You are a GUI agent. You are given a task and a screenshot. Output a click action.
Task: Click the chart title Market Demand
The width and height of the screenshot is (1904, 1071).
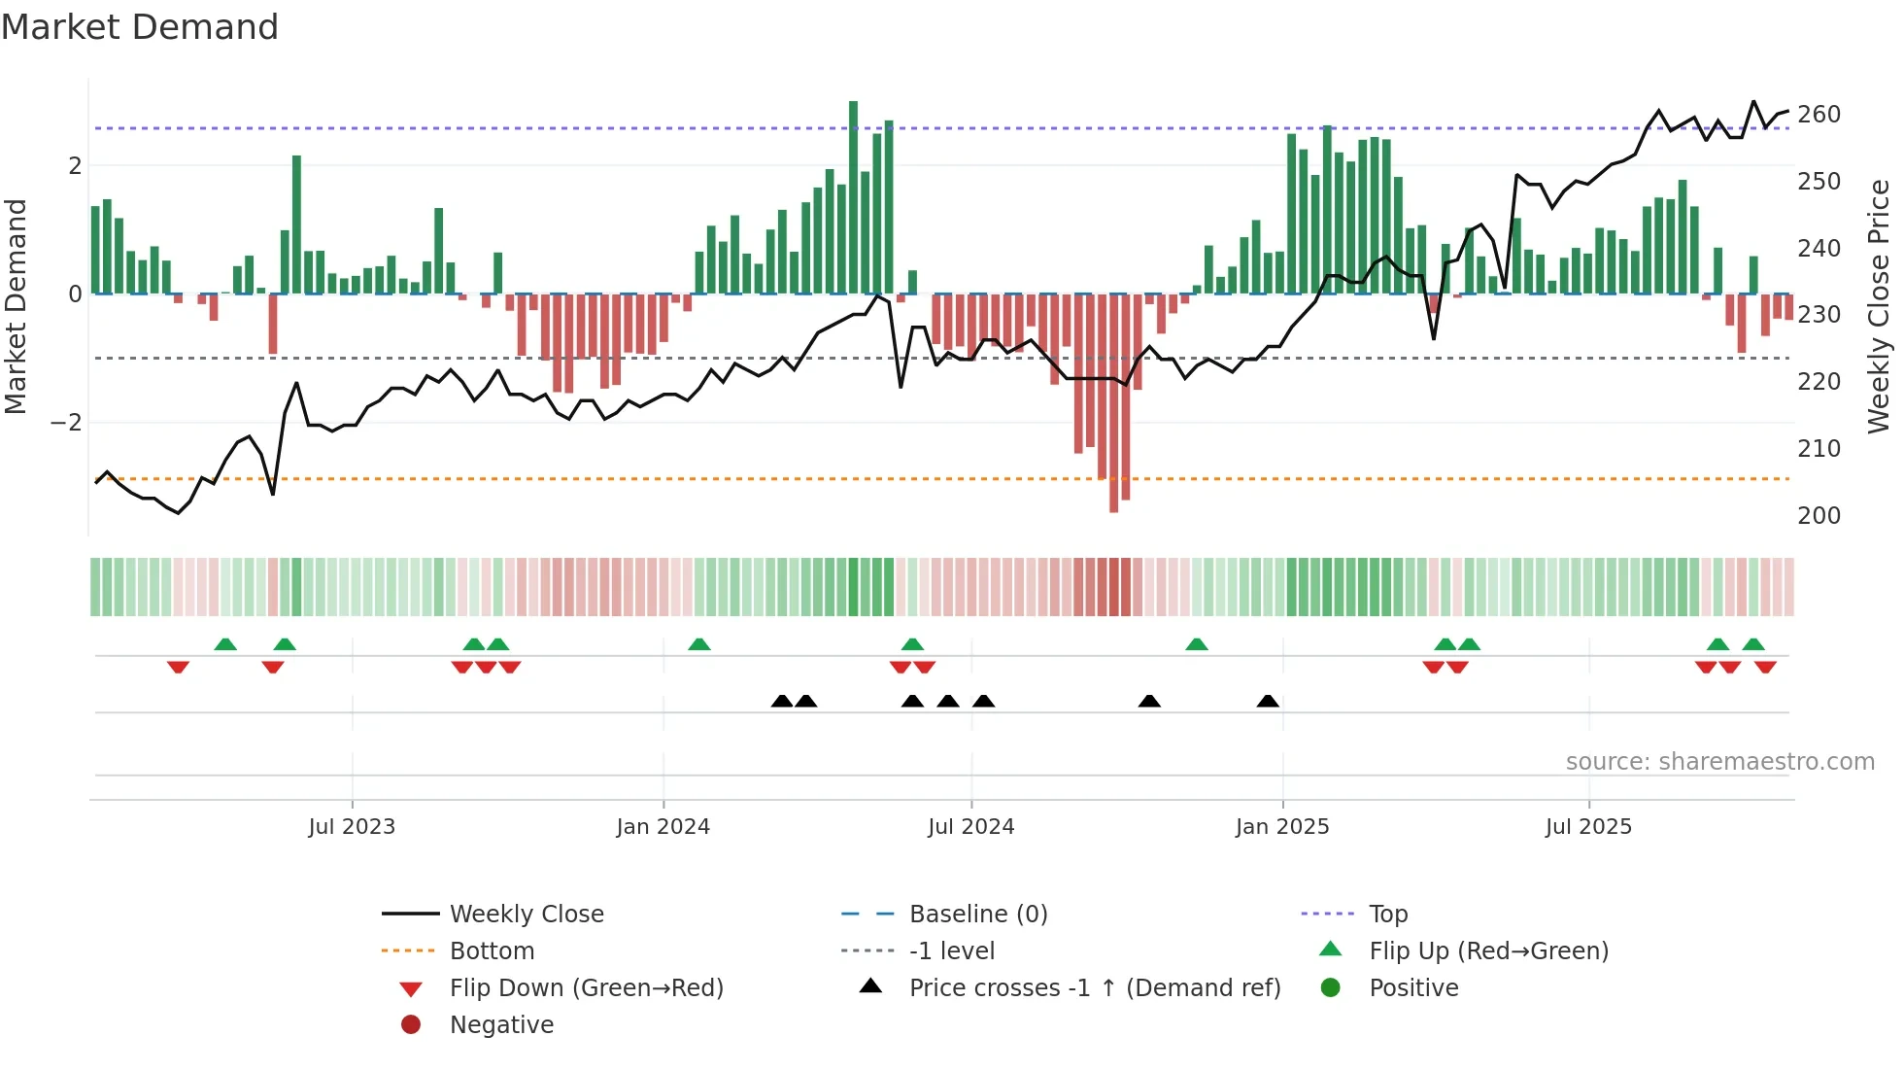(x=140, y=27)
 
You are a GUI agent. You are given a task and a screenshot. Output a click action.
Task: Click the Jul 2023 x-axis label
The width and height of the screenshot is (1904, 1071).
(x=352, y=827)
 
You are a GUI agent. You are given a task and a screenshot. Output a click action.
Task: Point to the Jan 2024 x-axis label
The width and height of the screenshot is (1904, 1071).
(x=663, y=827)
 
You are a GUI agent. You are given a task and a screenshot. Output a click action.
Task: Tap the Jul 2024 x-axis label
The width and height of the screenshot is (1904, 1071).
(x=970, y=827)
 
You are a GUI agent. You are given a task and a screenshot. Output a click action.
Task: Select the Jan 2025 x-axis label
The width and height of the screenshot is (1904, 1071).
(x=1282, y=827)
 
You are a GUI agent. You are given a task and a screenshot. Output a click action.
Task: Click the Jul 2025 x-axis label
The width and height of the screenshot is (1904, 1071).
(x=1589, y=827)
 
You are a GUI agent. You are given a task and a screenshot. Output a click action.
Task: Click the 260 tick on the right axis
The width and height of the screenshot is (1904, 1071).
(x=1819, y=115)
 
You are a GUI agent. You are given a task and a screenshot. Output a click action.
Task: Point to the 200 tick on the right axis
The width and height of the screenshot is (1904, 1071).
(x=1819, y=516)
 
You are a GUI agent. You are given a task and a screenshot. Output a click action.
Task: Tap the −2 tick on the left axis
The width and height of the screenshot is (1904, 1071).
(x=66, y=423)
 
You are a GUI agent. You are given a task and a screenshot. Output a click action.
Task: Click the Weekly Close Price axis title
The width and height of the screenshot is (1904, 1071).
(x=1879, y=306)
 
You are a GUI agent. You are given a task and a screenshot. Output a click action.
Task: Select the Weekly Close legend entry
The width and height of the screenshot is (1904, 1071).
(x=527, y=915)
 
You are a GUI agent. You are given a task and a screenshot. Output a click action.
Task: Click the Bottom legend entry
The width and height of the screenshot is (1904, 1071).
(x=492, y=951)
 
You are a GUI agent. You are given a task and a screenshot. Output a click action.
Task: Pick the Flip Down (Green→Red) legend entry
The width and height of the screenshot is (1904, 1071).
(x=586, y=988)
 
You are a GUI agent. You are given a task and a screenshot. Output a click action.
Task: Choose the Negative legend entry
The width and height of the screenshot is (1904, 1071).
(x=501, y=1025)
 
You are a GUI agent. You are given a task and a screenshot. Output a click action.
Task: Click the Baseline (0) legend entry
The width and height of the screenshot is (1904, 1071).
(x=978, y=915)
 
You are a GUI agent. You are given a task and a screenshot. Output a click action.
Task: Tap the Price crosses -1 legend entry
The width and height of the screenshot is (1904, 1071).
(x=1095, y=988)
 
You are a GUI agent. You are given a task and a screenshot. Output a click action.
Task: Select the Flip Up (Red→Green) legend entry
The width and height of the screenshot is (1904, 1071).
(x=1488, y=951)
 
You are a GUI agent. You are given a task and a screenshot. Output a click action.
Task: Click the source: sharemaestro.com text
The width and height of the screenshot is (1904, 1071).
(x=1719, y=762)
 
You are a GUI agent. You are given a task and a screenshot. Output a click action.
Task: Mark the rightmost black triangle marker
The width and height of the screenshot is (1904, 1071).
(x=1268, y=702)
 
